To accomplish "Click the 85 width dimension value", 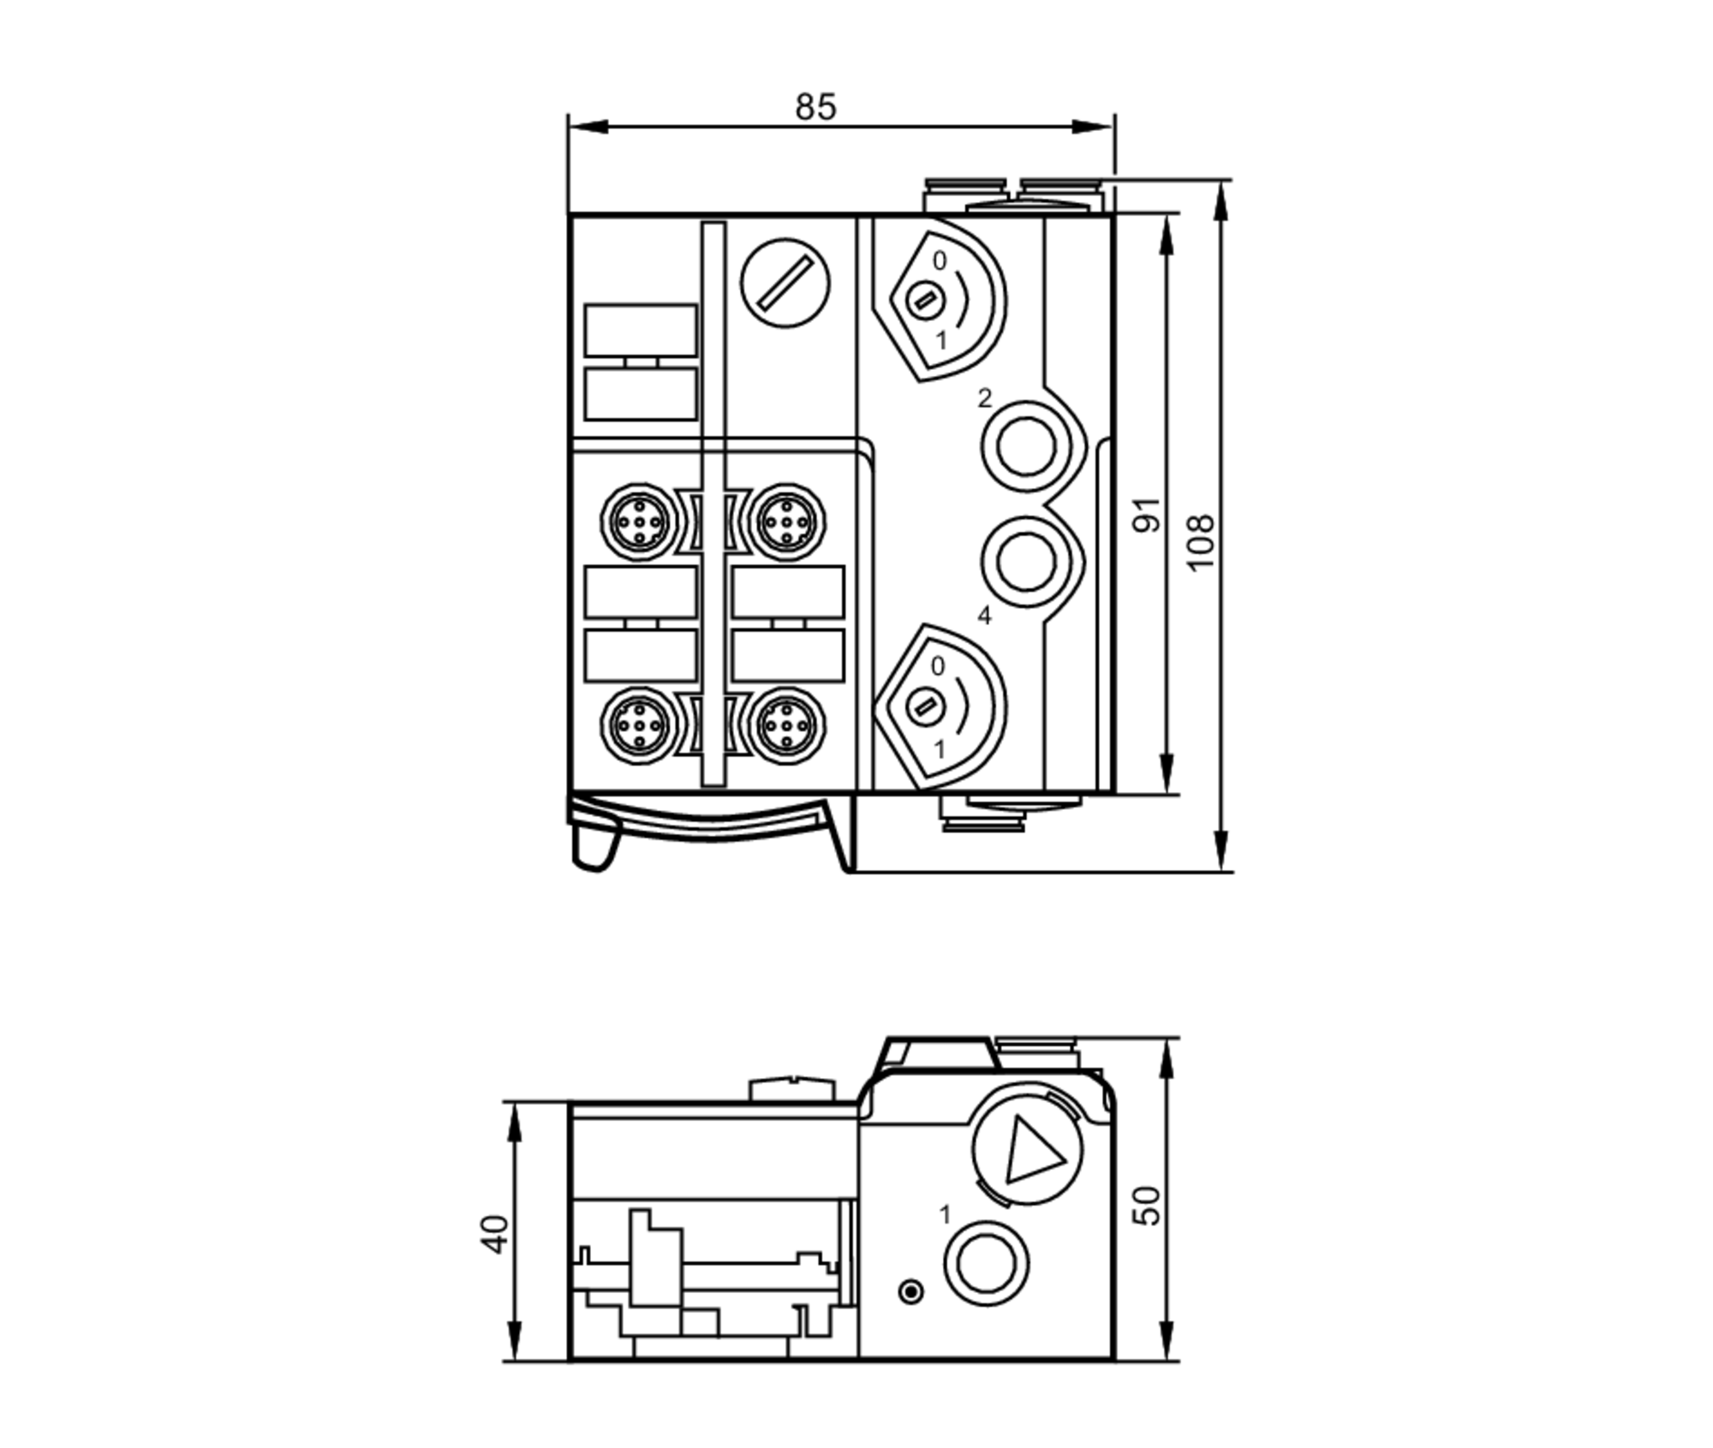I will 815,107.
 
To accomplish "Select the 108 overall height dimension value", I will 1200,541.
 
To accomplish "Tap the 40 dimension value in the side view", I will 495,1234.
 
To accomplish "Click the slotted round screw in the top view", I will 785,283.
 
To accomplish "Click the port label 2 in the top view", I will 984,398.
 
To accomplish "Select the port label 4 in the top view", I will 984,615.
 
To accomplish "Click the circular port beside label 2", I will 1026,448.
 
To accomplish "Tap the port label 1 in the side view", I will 945,1214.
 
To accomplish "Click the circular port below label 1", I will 986,1264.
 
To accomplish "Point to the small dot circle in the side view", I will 912,1291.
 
